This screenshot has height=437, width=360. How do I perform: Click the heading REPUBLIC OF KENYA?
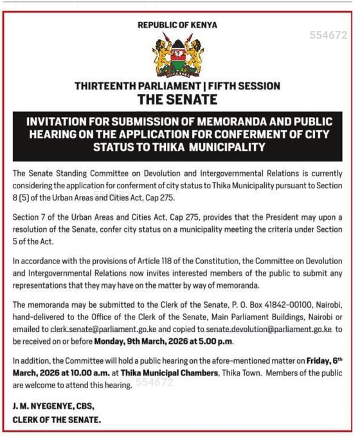pyautogui.click(x=177, y=25)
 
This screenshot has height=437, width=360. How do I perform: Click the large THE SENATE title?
pyautogui.click(x=177, y=100)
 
